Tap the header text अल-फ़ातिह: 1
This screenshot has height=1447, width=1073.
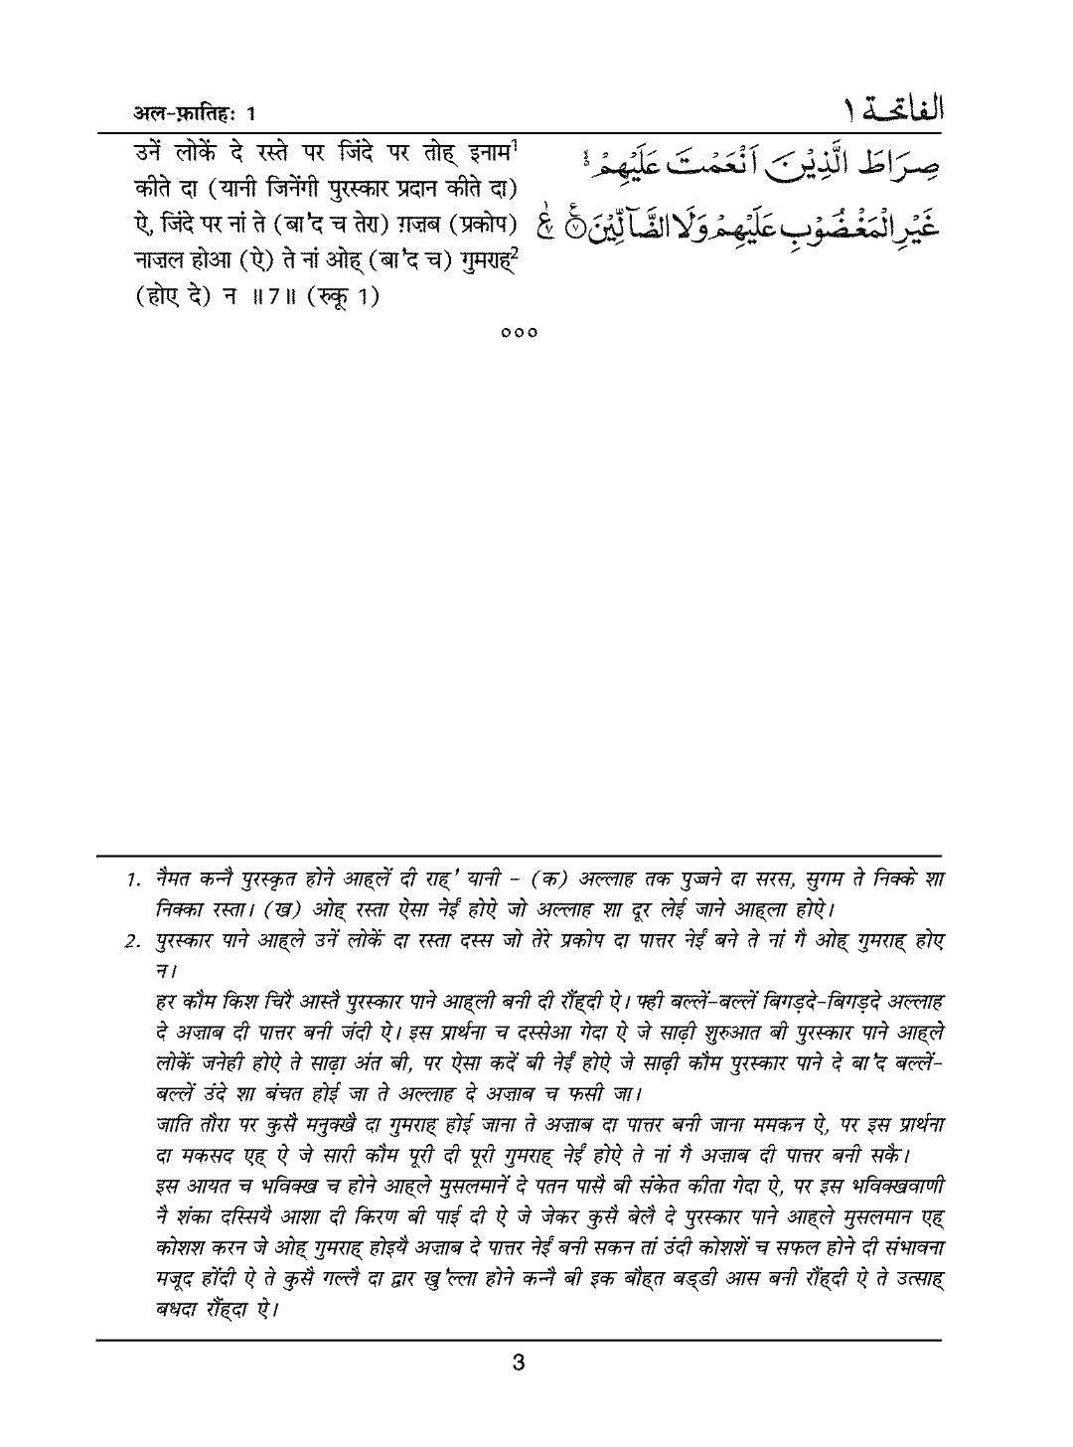coord(195,113)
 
